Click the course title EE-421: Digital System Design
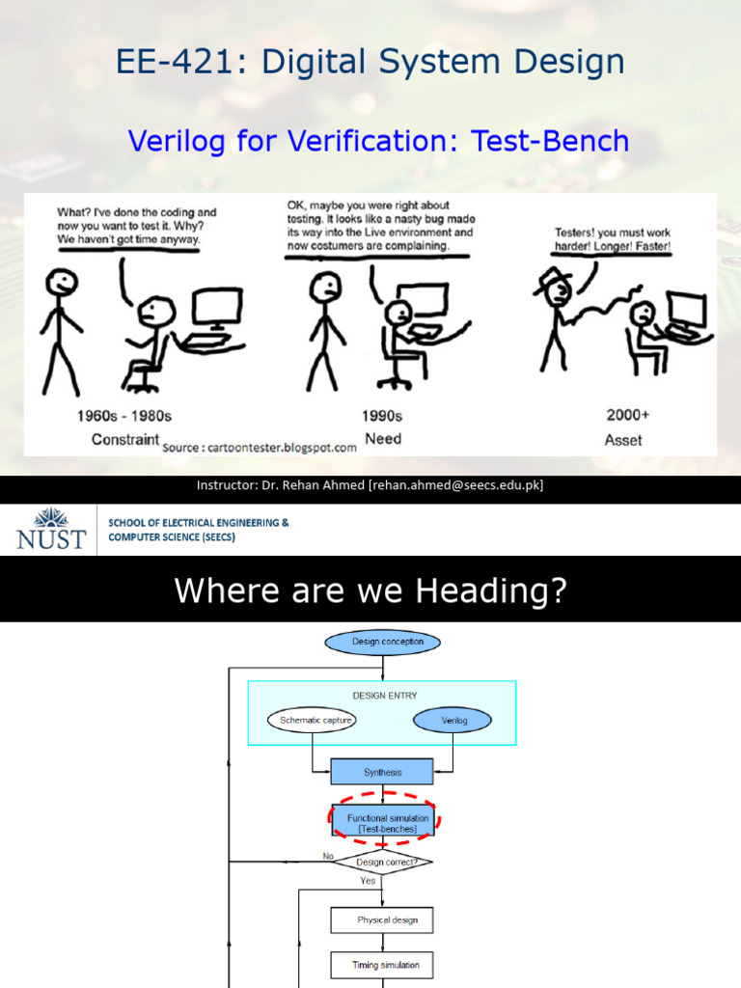tap(370, 63)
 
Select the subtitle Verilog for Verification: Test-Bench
tap(378, 142)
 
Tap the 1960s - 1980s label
tap(123, 416)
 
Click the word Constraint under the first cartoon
tap(124, 439)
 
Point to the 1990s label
tap(382, 416)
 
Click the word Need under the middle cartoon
tap(382, 439)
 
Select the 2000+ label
tap(627, 415)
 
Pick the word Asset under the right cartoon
tap(624, 440)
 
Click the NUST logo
tap(51, 529)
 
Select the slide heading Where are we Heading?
tap(370, 591)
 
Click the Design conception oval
tap(382, 642)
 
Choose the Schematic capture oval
tap(312, 720)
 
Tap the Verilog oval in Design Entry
tap(453, 720)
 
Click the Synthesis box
tap(382, 772)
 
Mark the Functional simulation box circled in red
tap(383, 823)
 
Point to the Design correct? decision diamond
tap(382, 862)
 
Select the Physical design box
tap(382, 919)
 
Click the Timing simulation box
tap(382, 964)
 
